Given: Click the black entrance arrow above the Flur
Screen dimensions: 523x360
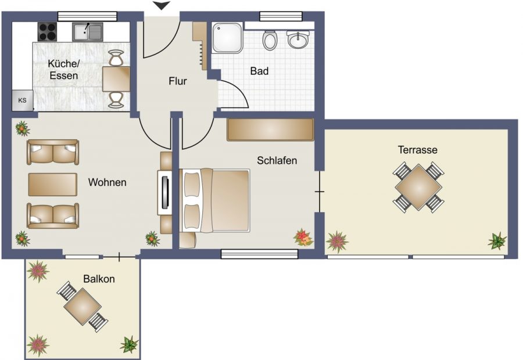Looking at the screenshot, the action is (161, 5).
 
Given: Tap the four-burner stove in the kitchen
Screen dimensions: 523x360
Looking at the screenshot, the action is (48, 32).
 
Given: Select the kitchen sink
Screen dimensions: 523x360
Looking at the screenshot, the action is (87, 32).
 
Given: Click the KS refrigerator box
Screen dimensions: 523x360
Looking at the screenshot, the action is (22, 100).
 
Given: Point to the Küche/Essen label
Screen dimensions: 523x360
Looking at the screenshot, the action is (64, 70).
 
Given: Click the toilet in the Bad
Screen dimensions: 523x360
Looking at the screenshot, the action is (270, 40).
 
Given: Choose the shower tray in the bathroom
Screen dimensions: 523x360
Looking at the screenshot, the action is (227, 38).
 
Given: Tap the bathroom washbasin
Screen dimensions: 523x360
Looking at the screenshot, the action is (298, 39).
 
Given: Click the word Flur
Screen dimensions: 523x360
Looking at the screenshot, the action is (177, 81).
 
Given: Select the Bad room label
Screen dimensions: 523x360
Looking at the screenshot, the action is (259, 71).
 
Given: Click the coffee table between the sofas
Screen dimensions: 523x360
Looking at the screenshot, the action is (53, 184).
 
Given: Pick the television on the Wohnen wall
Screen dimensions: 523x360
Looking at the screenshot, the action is (165, 192).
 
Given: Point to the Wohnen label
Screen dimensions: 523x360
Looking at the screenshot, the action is (107, 182).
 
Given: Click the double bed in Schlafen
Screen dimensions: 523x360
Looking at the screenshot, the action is (215, 201).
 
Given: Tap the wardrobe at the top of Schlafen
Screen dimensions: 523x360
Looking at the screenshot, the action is (270, 129).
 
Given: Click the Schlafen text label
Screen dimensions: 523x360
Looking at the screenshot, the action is (277, 160).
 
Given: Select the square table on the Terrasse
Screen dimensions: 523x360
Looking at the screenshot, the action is (418, 188).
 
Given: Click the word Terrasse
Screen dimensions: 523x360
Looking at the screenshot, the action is (418, 150).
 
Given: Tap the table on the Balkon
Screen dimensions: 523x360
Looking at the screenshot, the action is (83, 307).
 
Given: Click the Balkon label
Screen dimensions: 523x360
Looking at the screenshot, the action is (99, 279).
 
